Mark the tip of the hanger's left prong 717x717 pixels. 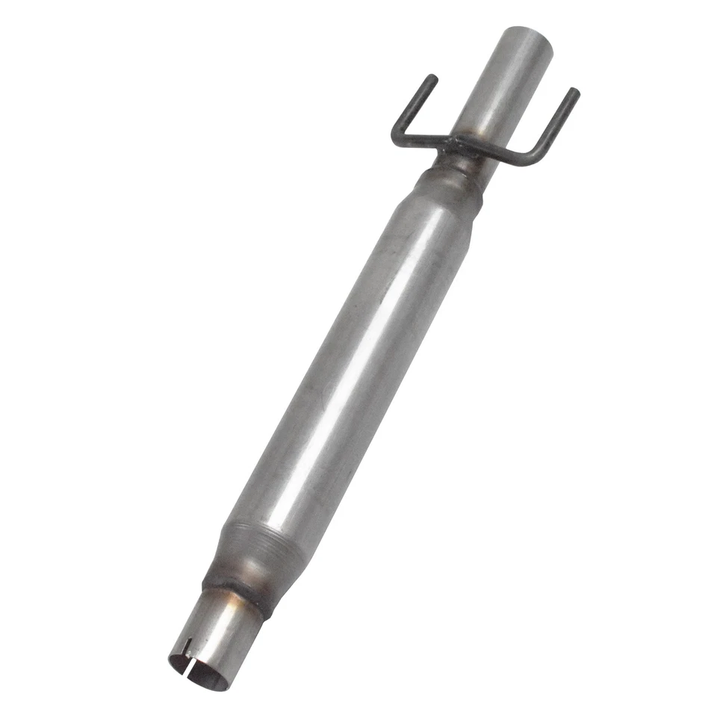pyautogui.click(x=432, y=78)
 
